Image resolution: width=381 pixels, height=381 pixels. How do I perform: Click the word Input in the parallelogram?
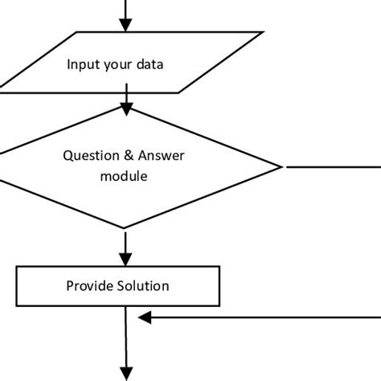coord(83,63)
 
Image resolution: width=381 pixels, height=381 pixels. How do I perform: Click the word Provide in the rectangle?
coord(89,285)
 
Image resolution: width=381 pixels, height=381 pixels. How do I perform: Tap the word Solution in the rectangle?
coord(143,285)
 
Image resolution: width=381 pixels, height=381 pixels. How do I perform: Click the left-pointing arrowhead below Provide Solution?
coord(145,319)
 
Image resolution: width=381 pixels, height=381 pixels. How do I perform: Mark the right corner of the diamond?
coord(281,167)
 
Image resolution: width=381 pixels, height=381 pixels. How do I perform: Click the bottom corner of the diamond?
coord(125,229)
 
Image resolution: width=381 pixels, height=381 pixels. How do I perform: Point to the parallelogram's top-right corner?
coord(263,33)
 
